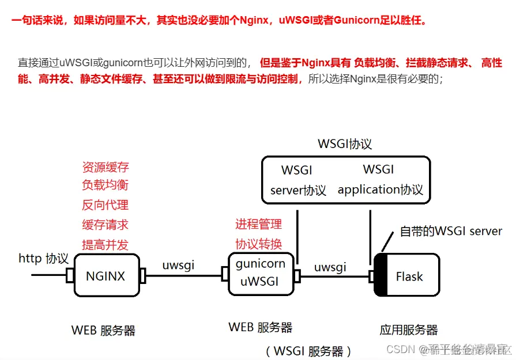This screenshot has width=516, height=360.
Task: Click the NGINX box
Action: click(x=106, y=276)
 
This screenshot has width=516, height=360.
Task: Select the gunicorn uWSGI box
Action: click(x=260, y=272)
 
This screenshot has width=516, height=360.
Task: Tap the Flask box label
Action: click(x=409, y=276)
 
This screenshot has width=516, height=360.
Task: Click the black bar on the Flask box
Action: click(x=380, y=275)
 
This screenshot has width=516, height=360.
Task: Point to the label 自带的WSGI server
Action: click(x=451, y=231)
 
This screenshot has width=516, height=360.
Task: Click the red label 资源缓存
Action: click(x=106, y=168)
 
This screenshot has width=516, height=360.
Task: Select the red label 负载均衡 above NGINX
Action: click(x=106, y=185)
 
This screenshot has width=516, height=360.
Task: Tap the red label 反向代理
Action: click(x=106, y=205)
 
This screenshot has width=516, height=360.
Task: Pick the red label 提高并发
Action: click(x=106, y=244)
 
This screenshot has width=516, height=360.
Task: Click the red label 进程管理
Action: click(x=258, y=224)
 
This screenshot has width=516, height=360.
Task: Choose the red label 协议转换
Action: click(x=258, y=244)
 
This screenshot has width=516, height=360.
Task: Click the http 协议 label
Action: click(x=44, y=259)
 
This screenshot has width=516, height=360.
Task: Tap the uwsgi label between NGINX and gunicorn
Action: click(x=178, y=265)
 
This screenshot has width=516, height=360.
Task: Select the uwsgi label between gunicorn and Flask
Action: click(x=330, y=267)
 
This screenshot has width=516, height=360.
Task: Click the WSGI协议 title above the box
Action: click(x=345, y=144)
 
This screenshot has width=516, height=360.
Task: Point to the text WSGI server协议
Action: click(x=297, y=180)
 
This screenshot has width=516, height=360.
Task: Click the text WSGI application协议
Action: click(x=380, y=180)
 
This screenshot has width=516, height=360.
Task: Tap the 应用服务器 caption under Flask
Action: click(x=409, y=330)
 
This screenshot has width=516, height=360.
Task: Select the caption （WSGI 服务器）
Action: click(x=308, y=351)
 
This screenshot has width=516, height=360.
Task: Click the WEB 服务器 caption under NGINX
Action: click(x=104, y=330)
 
